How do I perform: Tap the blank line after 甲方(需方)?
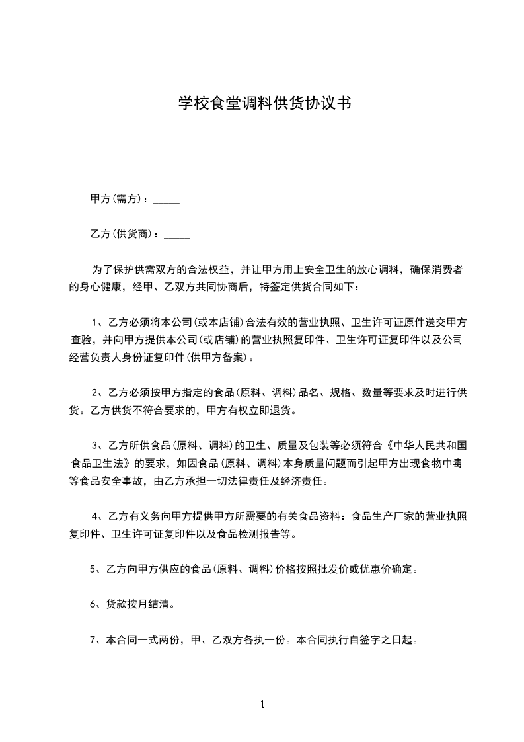coord(167,200)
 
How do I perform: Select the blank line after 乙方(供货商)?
coord(177,234)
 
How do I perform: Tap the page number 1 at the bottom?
coord(262,704)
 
